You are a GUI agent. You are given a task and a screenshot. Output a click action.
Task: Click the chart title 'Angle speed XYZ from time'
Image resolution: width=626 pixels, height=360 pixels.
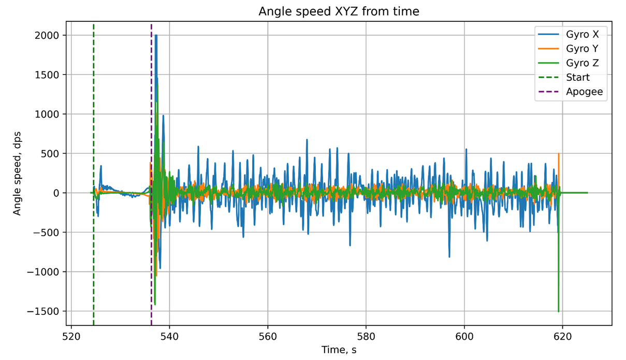[339, 11]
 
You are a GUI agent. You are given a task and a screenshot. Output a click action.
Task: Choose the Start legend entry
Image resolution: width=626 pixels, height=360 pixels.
[578, 78]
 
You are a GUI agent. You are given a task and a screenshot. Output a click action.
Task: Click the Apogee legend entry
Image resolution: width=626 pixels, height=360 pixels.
[584, 92]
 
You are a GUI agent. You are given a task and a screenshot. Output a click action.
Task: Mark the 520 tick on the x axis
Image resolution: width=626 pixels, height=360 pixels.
[71, 336]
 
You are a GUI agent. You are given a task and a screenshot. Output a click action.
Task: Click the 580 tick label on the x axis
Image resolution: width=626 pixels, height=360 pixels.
[366, 336]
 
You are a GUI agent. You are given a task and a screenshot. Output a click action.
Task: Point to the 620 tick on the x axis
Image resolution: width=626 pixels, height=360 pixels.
[562, 336]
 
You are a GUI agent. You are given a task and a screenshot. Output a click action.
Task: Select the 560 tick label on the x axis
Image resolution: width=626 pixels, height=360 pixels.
[268, 336]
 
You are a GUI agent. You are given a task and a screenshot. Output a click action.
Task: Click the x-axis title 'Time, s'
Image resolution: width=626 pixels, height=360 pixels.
[339, 350]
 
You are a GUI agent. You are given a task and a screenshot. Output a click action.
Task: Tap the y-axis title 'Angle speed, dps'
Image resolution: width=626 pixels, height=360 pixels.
[17, 174]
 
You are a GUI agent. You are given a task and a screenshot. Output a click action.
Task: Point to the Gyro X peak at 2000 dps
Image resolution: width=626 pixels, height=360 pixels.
[156, 36]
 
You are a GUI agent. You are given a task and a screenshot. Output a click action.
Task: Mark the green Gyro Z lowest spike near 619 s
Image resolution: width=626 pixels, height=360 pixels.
[558, 311]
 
